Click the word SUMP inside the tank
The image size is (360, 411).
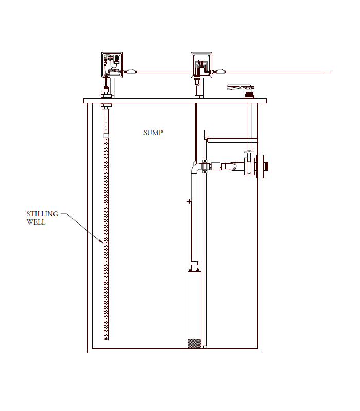[x=153, y=133]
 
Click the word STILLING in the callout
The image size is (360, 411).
[x=42, y=214]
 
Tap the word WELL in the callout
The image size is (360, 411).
[x=36, y=222]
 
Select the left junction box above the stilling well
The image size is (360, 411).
[x=112, y=65]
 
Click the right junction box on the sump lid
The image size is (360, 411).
[x=202, y=65]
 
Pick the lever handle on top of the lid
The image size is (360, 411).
[x=240, y=87]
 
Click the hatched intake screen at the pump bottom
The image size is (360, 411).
[x=194, y=343]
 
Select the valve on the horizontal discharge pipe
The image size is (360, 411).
[x=249, y=164]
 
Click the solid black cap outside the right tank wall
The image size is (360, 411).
[x=266, y=166]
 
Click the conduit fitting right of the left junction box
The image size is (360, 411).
[x=130, y=71]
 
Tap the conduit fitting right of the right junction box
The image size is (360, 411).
[x=220, y=71]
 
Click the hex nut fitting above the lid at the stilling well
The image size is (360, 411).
[x=106, y=94]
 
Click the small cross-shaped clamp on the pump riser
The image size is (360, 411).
[x=189, y=201]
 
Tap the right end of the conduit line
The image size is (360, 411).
[x=330, y=73]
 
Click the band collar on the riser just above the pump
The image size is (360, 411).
[x=194, y=263]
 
